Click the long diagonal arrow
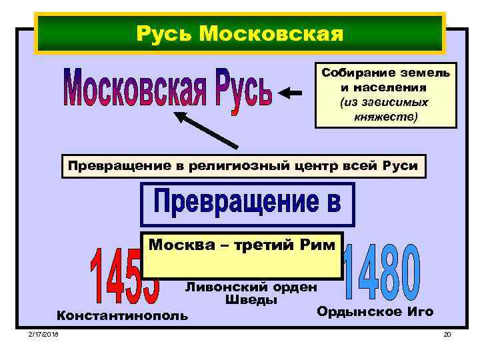click(x=206, y=129)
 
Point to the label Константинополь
click(x=123, y=315)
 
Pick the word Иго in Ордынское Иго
click(x=419, y=311)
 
